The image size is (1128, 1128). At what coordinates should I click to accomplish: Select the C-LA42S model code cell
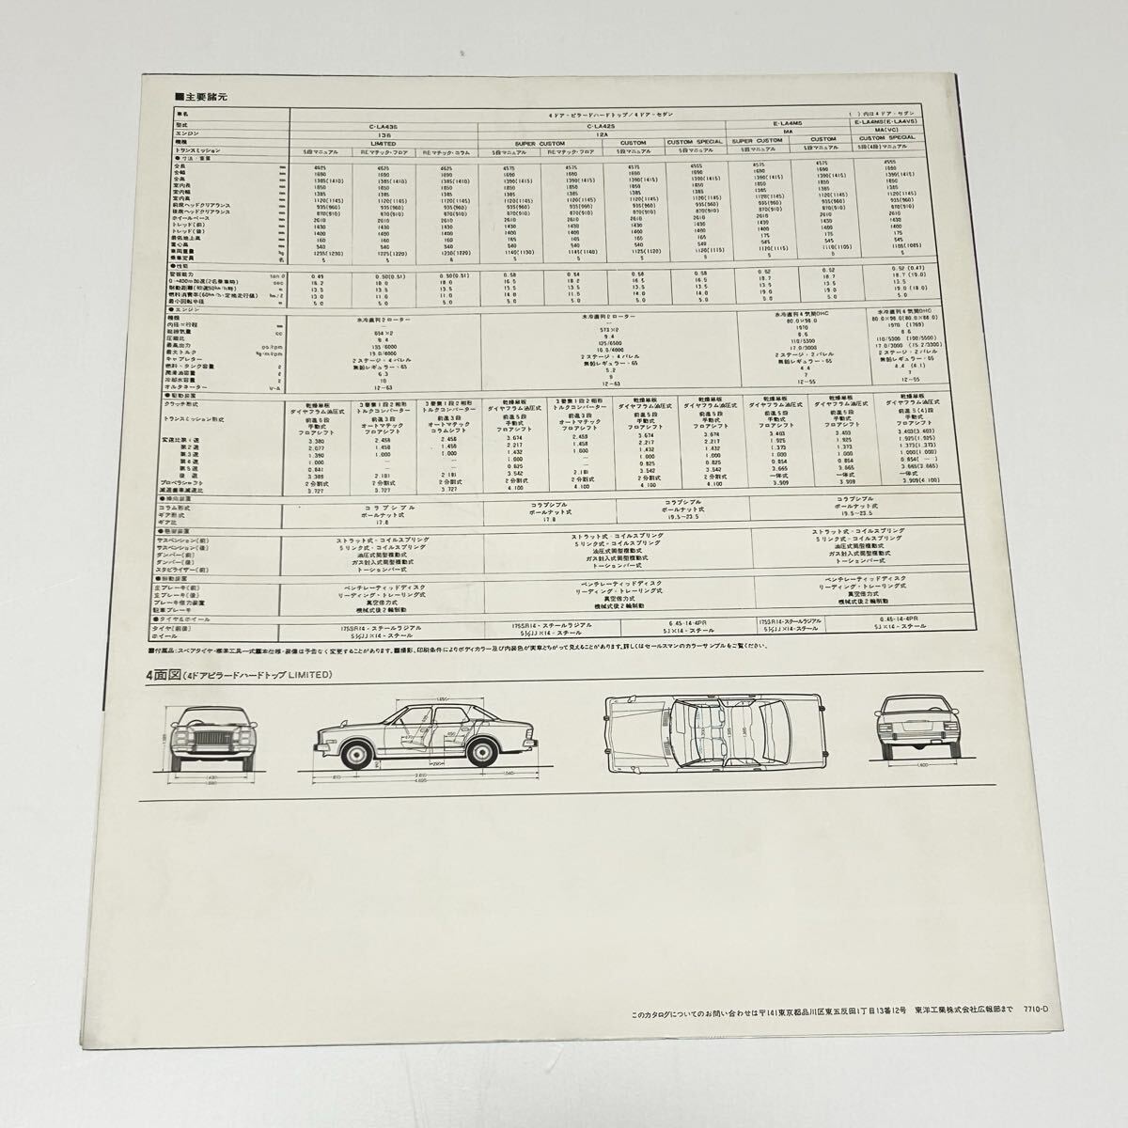(602, 124)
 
